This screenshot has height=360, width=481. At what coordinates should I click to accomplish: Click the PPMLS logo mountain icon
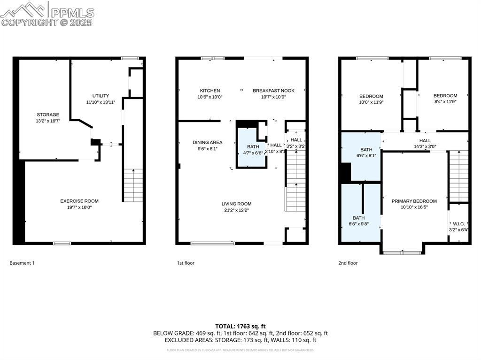click(x=23, y=9)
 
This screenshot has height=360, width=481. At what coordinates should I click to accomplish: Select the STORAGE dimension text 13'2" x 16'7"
click(x=48, y=121)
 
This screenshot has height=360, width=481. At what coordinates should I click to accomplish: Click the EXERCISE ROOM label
click(x=79, y=201)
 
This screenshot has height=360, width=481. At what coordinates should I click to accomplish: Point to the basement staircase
click(x=133, y=185)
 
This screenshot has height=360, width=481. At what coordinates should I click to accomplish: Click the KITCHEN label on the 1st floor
click(x=209, y=91)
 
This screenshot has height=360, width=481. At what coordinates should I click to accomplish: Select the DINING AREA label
click(x=207, y=142)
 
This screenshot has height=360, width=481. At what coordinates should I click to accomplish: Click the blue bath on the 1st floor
click(x=251, y=149)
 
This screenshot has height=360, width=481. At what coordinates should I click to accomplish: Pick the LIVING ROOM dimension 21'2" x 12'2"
click(x=236, y=210)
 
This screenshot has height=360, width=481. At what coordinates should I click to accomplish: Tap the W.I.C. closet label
click(x=458, y=224)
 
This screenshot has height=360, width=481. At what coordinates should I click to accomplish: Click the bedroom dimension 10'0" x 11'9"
click(x=371, y=102)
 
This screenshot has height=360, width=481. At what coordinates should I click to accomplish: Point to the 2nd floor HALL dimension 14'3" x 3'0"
click(x=425, y=146)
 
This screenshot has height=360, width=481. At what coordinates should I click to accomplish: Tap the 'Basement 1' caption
click(x=22, y=263)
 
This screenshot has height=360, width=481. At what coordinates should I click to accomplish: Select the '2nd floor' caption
click(x=348, y=263)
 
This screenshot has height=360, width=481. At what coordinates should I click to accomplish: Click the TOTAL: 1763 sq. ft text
click(x=240, y=326)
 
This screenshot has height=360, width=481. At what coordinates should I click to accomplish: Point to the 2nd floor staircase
click(x=458, y=176)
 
